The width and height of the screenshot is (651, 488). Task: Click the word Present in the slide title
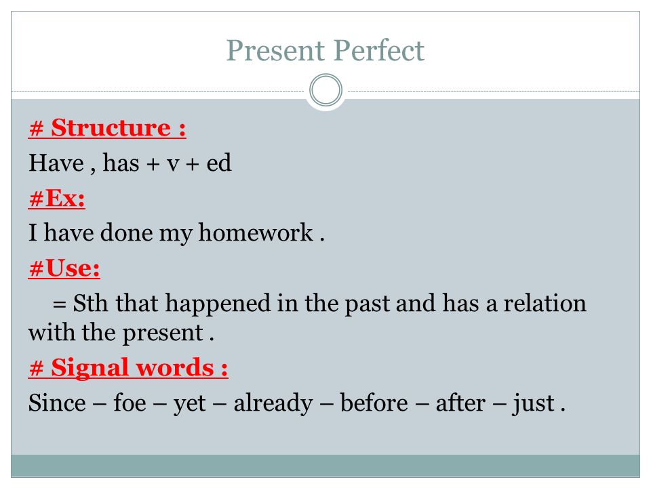tap(275, 51)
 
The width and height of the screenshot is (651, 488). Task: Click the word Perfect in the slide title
tap(379, 51)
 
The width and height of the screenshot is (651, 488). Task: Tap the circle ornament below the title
tap(326, 90)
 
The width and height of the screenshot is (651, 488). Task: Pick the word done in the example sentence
tap(126, 232)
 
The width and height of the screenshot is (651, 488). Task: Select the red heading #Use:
tap(64, 268)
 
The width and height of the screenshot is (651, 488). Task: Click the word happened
tap(218, 304)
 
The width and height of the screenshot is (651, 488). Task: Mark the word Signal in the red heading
tap(90, 367)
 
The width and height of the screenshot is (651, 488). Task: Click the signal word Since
tap(57, 403)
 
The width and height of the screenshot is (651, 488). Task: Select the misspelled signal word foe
tap(130, 403)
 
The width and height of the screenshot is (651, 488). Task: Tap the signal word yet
tap(189, 404)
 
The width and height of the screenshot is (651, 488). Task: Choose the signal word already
tap(273, 403)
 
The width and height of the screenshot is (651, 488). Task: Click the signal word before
tap(374, 403)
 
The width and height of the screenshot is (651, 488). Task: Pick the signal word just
tap(534, 403)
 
